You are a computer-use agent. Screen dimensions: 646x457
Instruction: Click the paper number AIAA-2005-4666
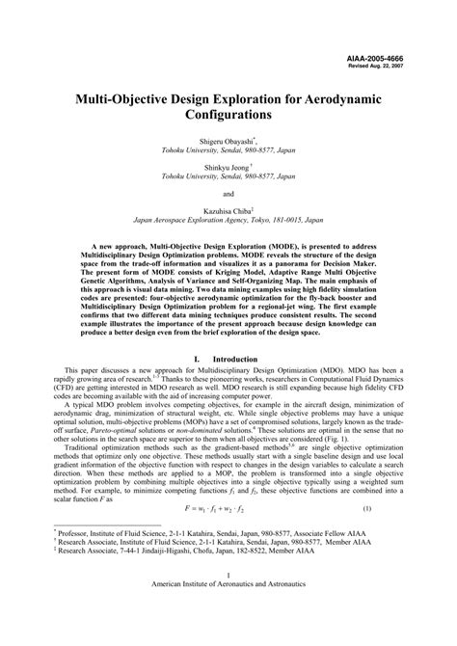tap(409, 59)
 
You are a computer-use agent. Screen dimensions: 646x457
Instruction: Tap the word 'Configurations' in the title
tap(228, 114)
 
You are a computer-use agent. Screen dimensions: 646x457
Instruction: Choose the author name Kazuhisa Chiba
tap(227, 208)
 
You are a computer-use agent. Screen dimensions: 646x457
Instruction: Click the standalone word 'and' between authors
tap(228, 192)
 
